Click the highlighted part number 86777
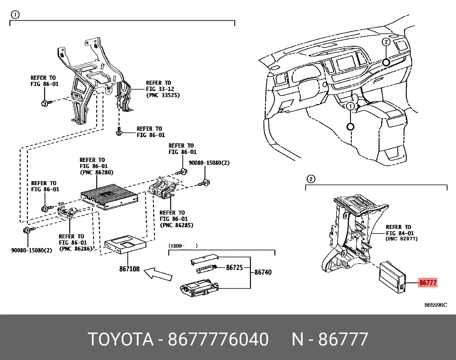click(428, 283)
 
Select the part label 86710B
click(129, 269)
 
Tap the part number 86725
click(234, 267)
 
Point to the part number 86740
click(263, 272)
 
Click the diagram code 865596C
click(435, 305)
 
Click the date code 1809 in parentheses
click(175, 246)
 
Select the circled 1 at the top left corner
click(15, 15)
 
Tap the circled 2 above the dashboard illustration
click(386, 42)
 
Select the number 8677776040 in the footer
click(218, 339)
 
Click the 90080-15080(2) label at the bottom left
click(32, 250)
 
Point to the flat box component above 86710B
click(125, 244)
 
